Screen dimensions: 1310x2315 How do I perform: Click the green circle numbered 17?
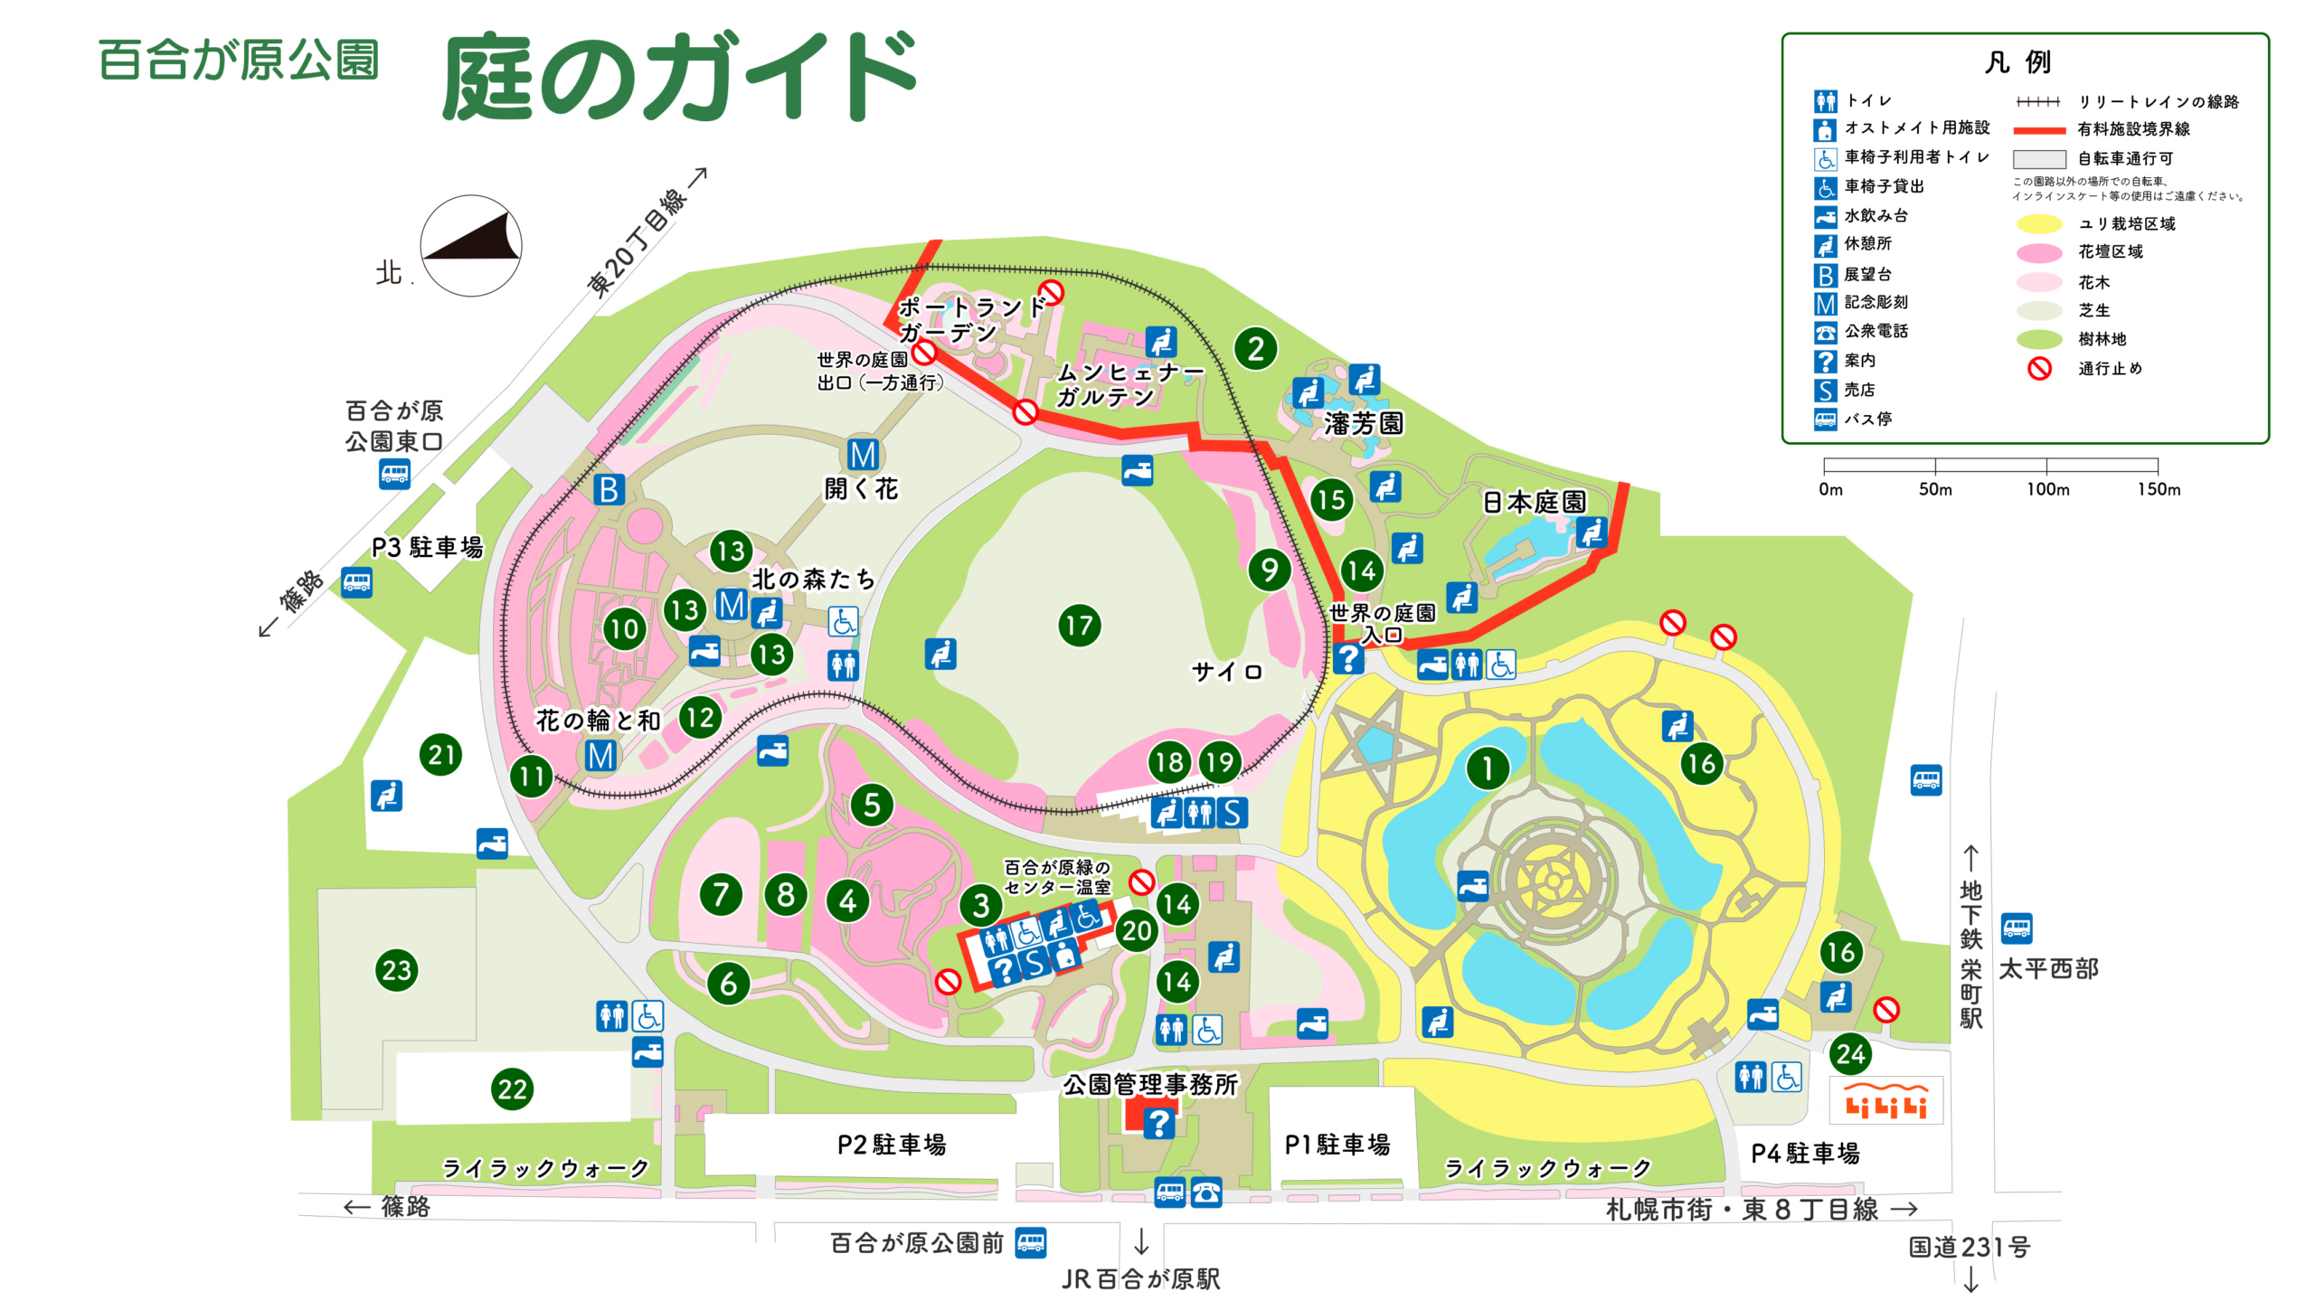click(x=1079, y=626)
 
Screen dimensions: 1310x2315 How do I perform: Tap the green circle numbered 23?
click(x=396, y=970)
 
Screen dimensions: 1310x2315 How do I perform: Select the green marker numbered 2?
click(x=1255, y=349)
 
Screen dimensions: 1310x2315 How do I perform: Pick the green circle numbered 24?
click(x=1849, y=1053)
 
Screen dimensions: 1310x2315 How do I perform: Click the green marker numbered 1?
click(x=1487, y=768)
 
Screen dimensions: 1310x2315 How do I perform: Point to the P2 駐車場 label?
click(x=892, y=1145)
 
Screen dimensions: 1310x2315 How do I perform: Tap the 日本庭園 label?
click(x=1535, y=502)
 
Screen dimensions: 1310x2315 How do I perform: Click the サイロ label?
click(x=1226, y=672)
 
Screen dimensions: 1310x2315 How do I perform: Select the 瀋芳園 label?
click(x=1364, y=423)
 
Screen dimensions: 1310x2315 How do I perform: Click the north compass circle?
click(x=470, y=246)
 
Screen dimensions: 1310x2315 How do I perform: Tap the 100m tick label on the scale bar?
click(x=2047, y=489)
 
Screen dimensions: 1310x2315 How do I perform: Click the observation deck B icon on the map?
click(x=609, y=490)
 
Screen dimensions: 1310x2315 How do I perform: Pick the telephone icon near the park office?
click(x=1206, y=1192)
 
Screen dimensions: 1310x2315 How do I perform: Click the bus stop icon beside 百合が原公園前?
click(x=1031, y=1242)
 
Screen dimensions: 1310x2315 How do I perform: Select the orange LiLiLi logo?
click(x=1885, y=1100)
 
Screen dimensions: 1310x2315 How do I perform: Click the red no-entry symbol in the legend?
click(x=2039, y=369)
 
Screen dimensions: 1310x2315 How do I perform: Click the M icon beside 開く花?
click(x=863, y=454)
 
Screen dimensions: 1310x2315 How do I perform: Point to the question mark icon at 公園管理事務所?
click(x=1158, y=1123)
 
